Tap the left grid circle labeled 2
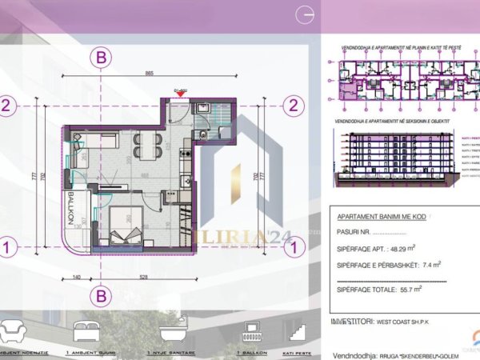(x=7, y=106)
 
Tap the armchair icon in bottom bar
(x=17, y=330)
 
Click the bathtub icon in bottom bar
(x=170, y=330)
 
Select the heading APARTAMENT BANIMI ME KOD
(x=378, y=217)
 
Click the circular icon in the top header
(x=304, y=14)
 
